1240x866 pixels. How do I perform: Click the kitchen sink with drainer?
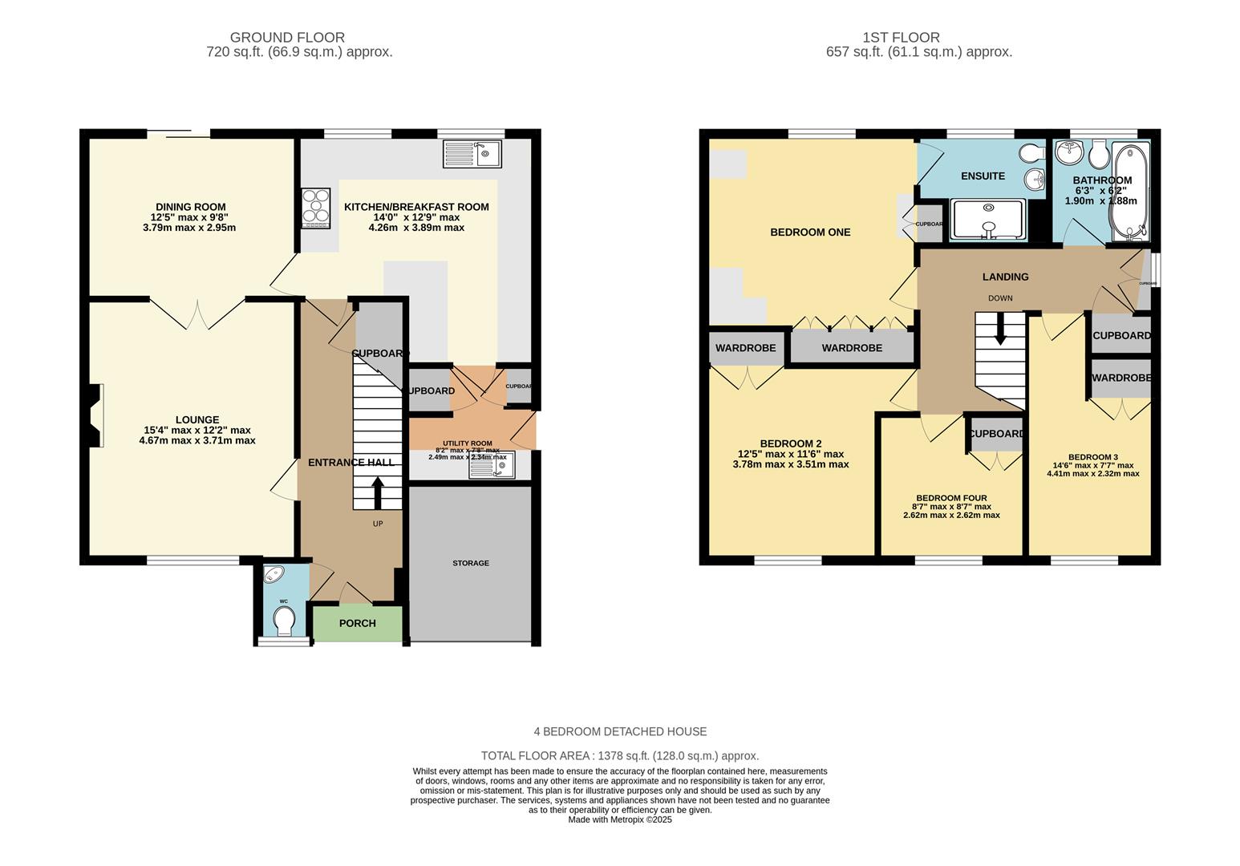click(x=472, y=153)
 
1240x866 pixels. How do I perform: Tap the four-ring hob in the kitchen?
click(x=316, y=208)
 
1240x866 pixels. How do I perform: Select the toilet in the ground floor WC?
click(x=283, y=620)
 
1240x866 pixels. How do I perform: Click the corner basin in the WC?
click(x=274, y=575)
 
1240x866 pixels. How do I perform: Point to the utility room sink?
click(x=492, y=465)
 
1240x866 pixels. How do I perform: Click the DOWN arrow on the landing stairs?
click(x=999, y=329)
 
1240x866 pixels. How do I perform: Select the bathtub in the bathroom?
click(x=1129, y=192)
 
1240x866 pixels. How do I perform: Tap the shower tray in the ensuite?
click(x=987, y=220)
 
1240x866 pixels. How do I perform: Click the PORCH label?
click(x=357, y=623)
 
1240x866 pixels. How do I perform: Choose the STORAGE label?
click(x=470, y=563)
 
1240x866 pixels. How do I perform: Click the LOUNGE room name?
click(x=197, y=419)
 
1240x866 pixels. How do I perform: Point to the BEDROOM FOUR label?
click(x=951, y=498)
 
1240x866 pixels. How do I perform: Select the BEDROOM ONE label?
click(x=810, y=233)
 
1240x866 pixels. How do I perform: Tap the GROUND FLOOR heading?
click(x=287, y=37)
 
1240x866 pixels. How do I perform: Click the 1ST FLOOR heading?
click(x=901, y=37)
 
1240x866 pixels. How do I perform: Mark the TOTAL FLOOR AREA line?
click(x=619, y=755)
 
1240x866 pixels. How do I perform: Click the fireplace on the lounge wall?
click(x=96, y=415)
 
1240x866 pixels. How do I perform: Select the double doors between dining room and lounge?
click(x=197, y=313)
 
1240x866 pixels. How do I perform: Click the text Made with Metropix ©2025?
click(x=619, y=819)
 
